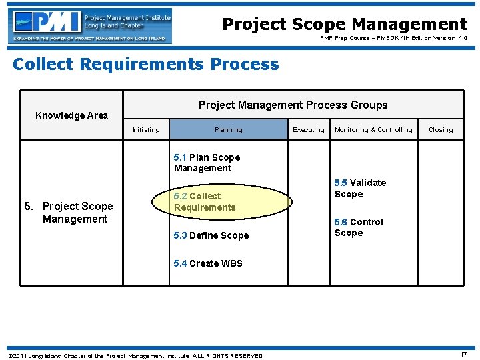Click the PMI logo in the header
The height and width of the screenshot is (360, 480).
[x=91, y=26]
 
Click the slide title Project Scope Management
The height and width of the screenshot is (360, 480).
[x=344, y=25]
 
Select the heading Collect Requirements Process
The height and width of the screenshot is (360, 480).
[x=146, y=65]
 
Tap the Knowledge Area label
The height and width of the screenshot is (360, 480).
[x=71, y=115]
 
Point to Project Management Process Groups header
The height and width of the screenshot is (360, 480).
[x=293, y=105]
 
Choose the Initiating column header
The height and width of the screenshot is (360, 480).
[x=146, y=130]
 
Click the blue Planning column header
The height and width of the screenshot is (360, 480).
[x=228, y=130]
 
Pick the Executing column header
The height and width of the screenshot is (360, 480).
[x=309, y=130]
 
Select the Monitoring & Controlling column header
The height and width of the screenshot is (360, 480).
[x=373, y=130]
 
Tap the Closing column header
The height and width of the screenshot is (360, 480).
[x=440, y=130]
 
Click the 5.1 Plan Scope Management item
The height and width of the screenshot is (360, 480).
[x=207, y=163]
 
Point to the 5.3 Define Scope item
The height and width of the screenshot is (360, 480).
[x=211, y=235]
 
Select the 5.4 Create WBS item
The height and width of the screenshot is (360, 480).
[x=208, y=263]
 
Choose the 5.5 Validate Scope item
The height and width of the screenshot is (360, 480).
[x=360, y=189]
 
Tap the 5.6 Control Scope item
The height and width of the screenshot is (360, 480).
[x=359, y=227]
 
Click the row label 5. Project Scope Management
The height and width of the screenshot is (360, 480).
[x=69, y=213]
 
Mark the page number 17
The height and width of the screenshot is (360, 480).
[x=463, y=355]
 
